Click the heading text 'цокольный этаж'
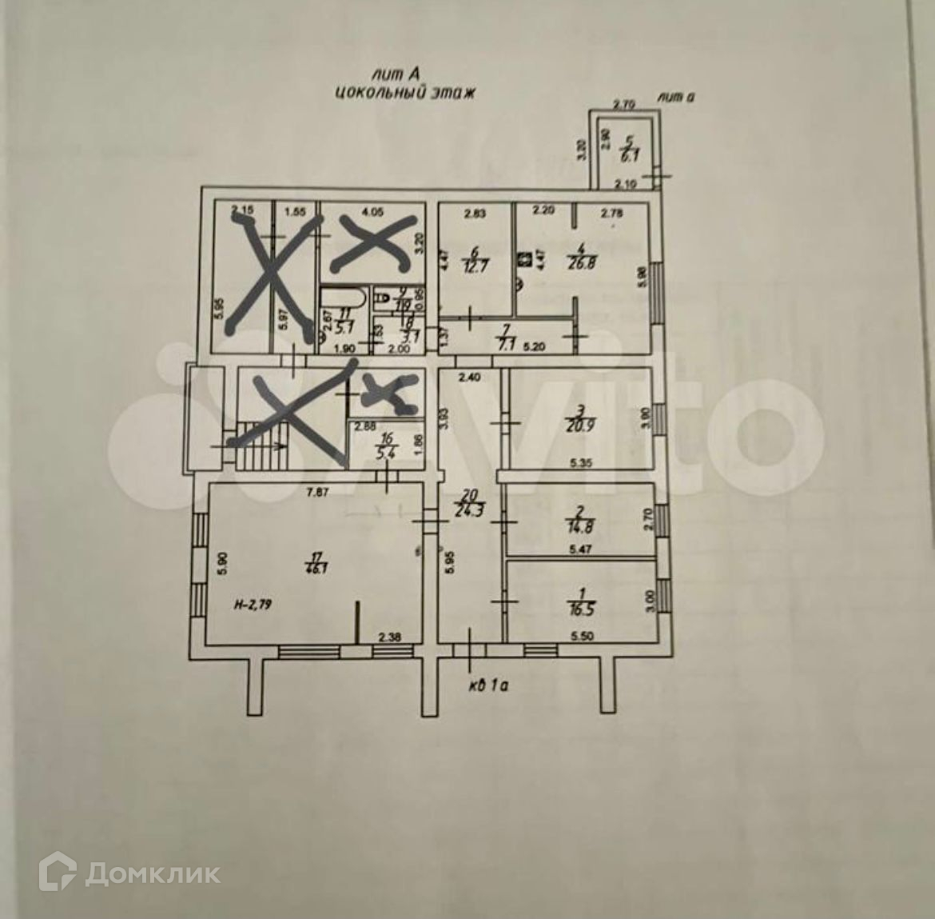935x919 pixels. [405, 93]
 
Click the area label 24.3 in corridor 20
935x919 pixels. [471, 505]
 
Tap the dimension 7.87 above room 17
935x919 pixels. [320, 493]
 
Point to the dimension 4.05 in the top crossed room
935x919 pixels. [373, 213]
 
